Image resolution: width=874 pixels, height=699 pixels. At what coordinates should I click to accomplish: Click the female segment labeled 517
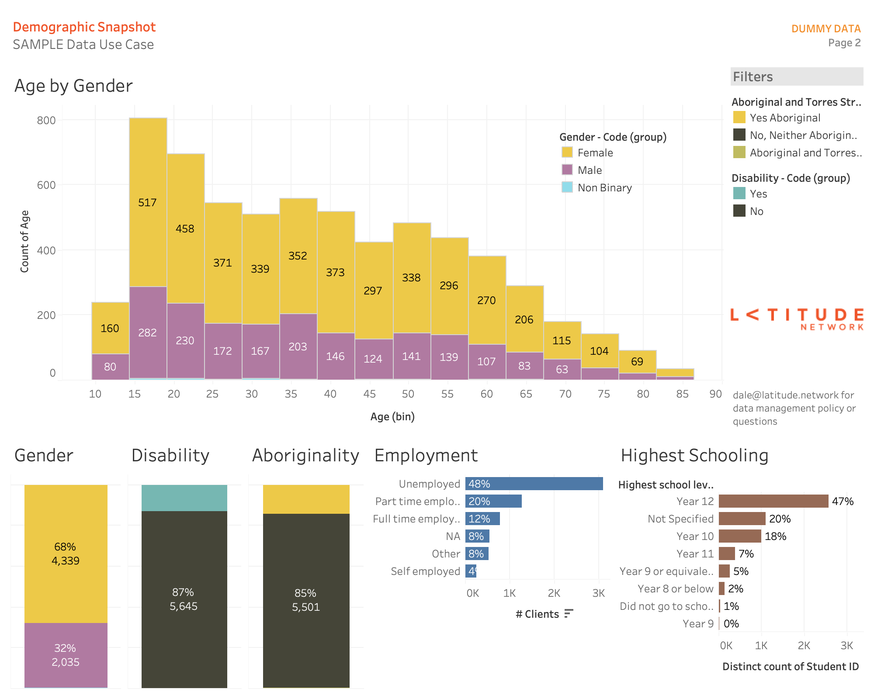point(148,202)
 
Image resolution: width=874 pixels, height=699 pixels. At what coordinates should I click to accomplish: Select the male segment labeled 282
point(148,332)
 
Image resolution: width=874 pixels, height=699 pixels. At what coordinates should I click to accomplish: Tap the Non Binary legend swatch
point(567,187)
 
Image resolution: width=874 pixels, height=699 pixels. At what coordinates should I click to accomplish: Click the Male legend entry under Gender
point(590,170)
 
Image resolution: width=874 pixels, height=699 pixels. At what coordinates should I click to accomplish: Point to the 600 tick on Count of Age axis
point(46,185)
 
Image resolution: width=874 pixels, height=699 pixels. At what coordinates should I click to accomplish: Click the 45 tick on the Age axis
point(369,394)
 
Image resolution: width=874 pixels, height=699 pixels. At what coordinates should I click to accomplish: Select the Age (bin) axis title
point(392,416)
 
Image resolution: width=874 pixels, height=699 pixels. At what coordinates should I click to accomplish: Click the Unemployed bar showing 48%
point(534,484)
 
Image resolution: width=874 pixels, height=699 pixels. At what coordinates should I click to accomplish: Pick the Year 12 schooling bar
point(773,501)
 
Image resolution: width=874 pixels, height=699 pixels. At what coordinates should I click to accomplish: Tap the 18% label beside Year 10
point(776,536)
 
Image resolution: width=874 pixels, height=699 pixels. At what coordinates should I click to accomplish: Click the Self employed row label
point(425,571)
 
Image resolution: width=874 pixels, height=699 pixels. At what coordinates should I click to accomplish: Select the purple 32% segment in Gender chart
point(66,654)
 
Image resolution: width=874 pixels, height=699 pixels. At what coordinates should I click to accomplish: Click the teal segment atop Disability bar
point(184,498)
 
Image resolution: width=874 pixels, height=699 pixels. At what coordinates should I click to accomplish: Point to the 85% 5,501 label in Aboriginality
point(306,600)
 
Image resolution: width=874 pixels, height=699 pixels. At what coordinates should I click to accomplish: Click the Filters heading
point(753,77)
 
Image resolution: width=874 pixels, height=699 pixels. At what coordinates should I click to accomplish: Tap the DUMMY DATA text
point(825,28)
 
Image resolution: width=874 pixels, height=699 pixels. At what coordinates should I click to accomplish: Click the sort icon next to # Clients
point(568,614)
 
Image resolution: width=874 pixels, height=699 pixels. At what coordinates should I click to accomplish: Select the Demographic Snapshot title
point(84,27)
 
